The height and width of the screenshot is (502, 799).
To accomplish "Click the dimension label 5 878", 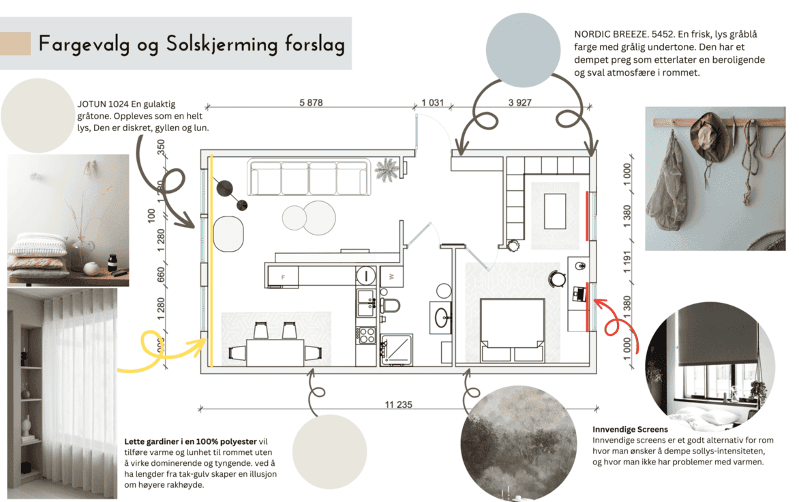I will pos(310,103).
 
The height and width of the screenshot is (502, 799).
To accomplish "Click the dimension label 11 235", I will pos(398,405).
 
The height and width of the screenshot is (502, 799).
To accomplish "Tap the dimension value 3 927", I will pos(519,103).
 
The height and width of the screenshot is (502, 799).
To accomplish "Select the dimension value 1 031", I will pos(432,103).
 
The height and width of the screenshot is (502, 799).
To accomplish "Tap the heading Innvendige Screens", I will pos(630,430).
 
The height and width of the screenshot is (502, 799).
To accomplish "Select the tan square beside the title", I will pos(15,44).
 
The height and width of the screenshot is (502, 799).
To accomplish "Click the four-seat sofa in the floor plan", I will pos(309,177).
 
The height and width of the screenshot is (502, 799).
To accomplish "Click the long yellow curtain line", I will pos(211,259).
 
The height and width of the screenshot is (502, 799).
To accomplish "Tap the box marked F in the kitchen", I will pos(284,276).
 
